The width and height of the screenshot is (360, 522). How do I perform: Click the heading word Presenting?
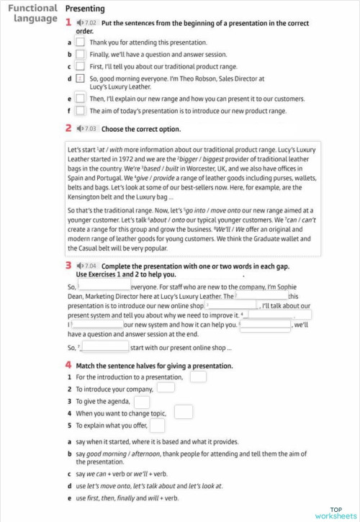85,9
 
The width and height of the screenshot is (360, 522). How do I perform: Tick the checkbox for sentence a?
81,42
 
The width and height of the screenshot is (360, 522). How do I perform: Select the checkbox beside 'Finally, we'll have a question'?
81,54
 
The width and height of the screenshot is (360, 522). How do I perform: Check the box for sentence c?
81,66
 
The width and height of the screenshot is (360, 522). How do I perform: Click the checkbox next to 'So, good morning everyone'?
81,78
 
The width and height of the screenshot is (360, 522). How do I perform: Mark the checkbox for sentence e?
81,99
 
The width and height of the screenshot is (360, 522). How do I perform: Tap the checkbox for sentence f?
81,111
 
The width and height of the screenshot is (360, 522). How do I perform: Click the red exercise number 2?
68,129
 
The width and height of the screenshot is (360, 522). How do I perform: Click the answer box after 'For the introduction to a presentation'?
198,376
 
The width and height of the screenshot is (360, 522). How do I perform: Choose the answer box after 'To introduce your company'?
166,388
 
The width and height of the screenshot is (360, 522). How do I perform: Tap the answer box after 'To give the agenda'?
142,401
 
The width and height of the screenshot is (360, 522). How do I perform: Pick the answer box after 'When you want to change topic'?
184,413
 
